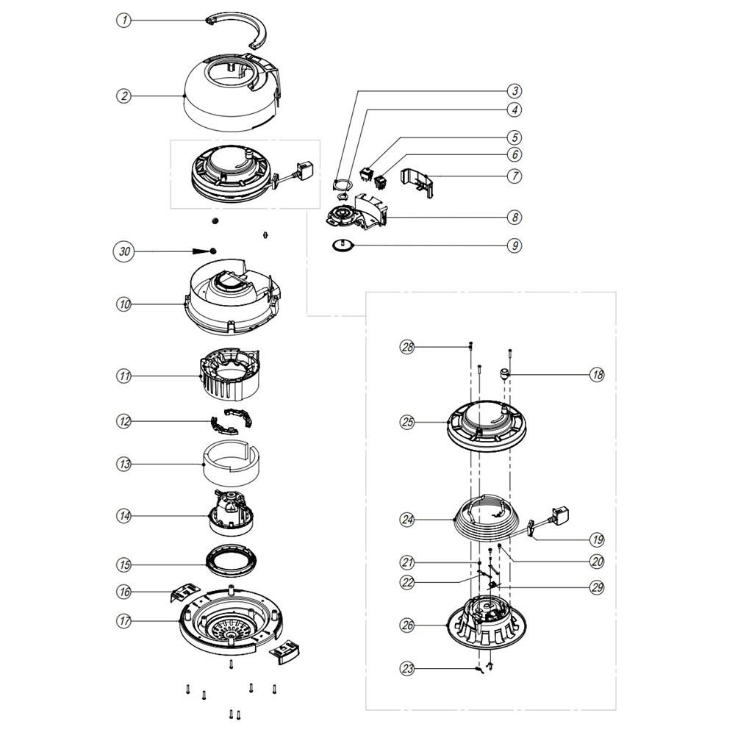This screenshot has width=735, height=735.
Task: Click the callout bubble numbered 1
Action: (x=125, y=21)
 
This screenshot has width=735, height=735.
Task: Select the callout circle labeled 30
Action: (x=125, y=251)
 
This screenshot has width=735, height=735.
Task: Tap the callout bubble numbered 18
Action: (x=597, y=375)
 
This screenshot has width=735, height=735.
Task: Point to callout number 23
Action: (x=407, y=668)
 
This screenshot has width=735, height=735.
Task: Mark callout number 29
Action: (x=597, y=587)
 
